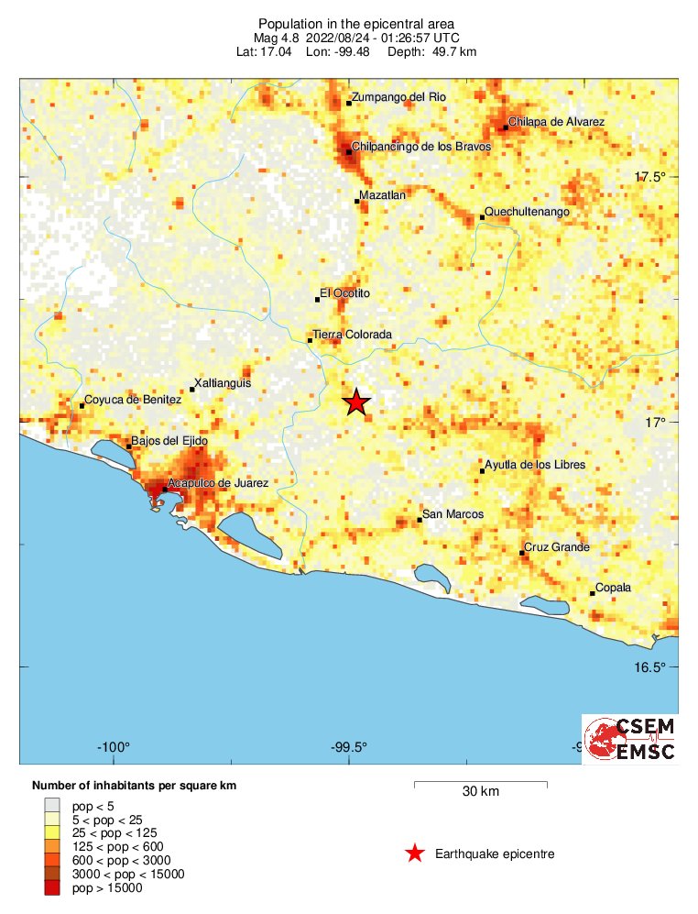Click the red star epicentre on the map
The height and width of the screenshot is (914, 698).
coord(355,402)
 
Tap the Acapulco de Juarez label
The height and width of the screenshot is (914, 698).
coord(218,482)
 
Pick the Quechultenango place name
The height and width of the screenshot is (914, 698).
coord(528,212)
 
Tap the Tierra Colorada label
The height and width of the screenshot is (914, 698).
coord(353,335)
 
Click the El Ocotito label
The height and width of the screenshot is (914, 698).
coord(344,293)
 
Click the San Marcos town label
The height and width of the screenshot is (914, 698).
coord(453,514)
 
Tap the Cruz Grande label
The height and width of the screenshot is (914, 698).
coord(557,548)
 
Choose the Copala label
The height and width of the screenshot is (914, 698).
coord(614,588)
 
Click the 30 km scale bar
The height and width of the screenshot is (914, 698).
coord(481,784)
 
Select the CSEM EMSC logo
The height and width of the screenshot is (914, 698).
coord(630,739)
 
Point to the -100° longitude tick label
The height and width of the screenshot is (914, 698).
coord(115,745)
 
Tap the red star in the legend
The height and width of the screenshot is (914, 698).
coord(415,854)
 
